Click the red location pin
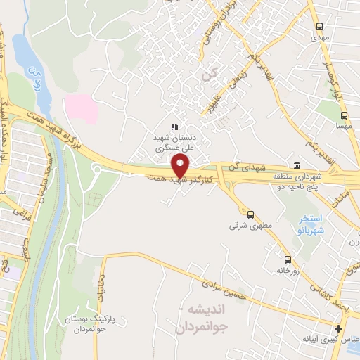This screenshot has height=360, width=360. tap(181, 167)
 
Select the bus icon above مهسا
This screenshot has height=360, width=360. tap(344, 115)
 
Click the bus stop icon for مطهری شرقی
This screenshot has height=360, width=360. tap(250, 214)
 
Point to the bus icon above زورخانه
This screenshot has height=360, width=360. tap(287, 258)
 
